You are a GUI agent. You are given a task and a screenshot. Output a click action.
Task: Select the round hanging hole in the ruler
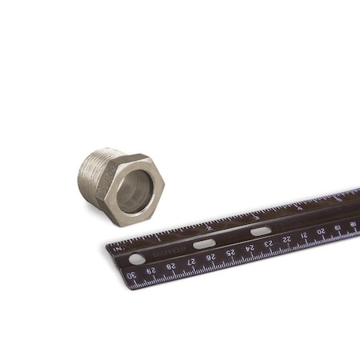pyautogui.click(x=137, y=258)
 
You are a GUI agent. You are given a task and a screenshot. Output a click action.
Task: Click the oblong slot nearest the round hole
pyautogui.click(x=204, y=243)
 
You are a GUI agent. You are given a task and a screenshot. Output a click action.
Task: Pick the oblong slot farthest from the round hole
pyautogui.click(x=261, y=231)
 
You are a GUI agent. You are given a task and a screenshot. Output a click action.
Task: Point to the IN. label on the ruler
pyautogui.click(x=119, y=248)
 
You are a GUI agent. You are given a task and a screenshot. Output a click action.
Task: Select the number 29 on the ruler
pyautogui.click(x=151, y=270)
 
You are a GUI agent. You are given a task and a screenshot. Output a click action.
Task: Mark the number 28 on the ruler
pyautogui.click(x=171, y=266)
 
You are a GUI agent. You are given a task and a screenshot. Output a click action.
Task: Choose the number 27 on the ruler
pyautogui.click(x=191, y=262)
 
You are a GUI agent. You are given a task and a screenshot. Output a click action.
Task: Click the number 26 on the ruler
pyautogui.click(x=210, y=257)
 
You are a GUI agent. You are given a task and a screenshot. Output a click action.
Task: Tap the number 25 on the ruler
pyautogui.click(x=230, y=253)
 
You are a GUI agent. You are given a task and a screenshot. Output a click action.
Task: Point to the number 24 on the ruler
pyautogui.click(x=250, y=248)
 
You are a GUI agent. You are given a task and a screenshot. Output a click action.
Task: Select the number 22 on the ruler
pyautogui.click(x=286, y=239)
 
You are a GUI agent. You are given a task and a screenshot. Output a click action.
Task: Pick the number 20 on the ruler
pyautogui.click(x=321, y=231)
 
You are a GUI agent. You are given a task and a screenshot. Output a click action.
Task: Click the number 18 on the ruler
pyautogui.click(x=353, y=224)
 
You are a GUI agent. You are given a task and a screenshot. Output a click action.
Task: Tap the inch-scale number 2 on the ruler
pyautogui.click(x=210, y=226)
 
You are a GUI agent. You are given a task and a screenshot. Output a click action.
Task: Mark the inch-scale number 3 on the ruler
pyautogui.click(x=256, y=216)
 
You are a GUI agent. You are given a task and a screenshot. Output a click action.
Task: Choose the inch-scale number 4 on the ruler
pyautogui.click(x=300, y=206)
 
